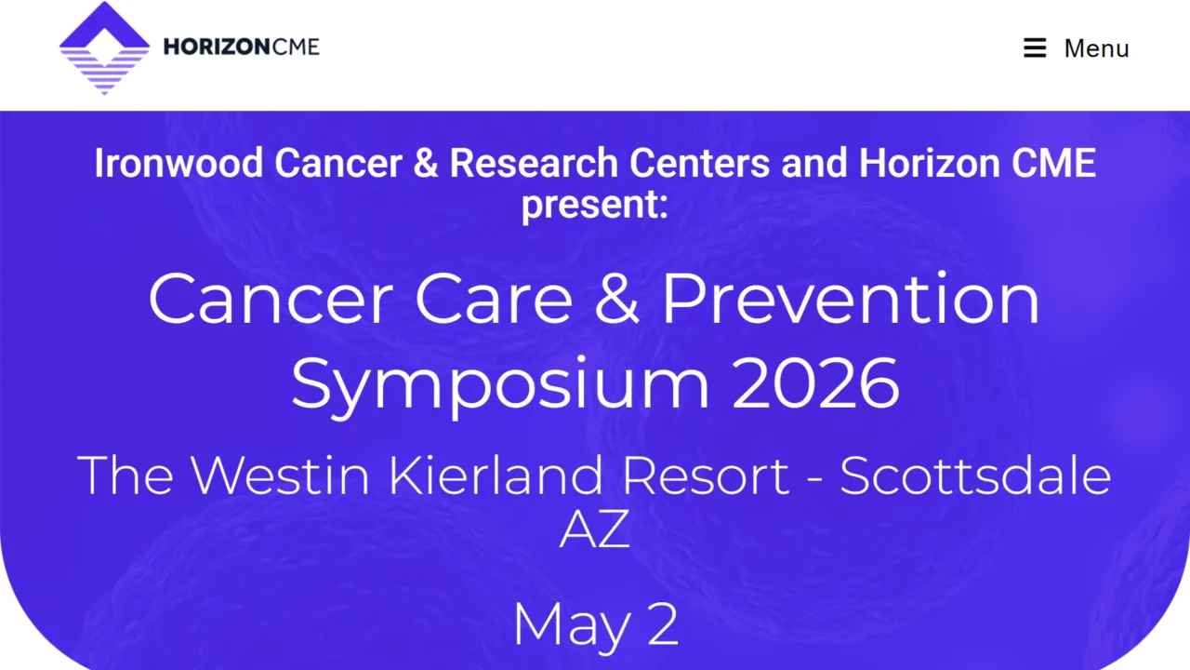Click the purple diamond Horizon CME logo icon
(x=104, y=48)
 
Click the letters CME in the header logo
(x=297, y=47)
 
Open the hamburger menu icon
(x=1035, y=48)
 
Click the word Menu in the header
(x=1096, y=48)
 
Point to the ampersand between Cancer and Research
(x=425, y=164)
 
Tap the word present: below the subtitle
(x=594, y=204)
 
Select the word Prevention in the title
(x=851, y=298)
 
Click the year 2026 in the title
(x=815, y=383)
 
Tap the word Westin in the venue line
(x=283, y=475)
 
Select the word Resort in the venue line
(x=706, y=475)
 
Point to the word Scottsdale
(x=975, y=475)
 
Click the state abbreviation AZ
(x=594, y=529)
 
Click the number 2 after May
(x=663, y=625)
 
